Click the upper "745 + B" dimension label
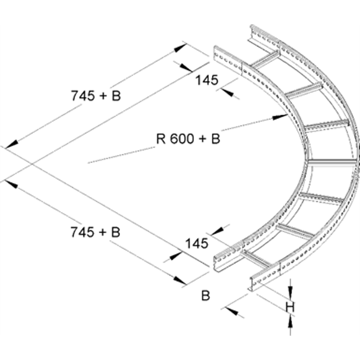[x=95, y=95]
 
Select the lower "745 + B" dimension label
[x=95, y=232]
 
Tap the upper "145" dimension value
[x=206, y=80]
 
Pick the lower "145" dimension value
[x=196, y=244]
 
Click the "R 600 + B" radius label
[x=188, y=139]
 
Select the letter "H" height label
[x=290, y=307]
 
